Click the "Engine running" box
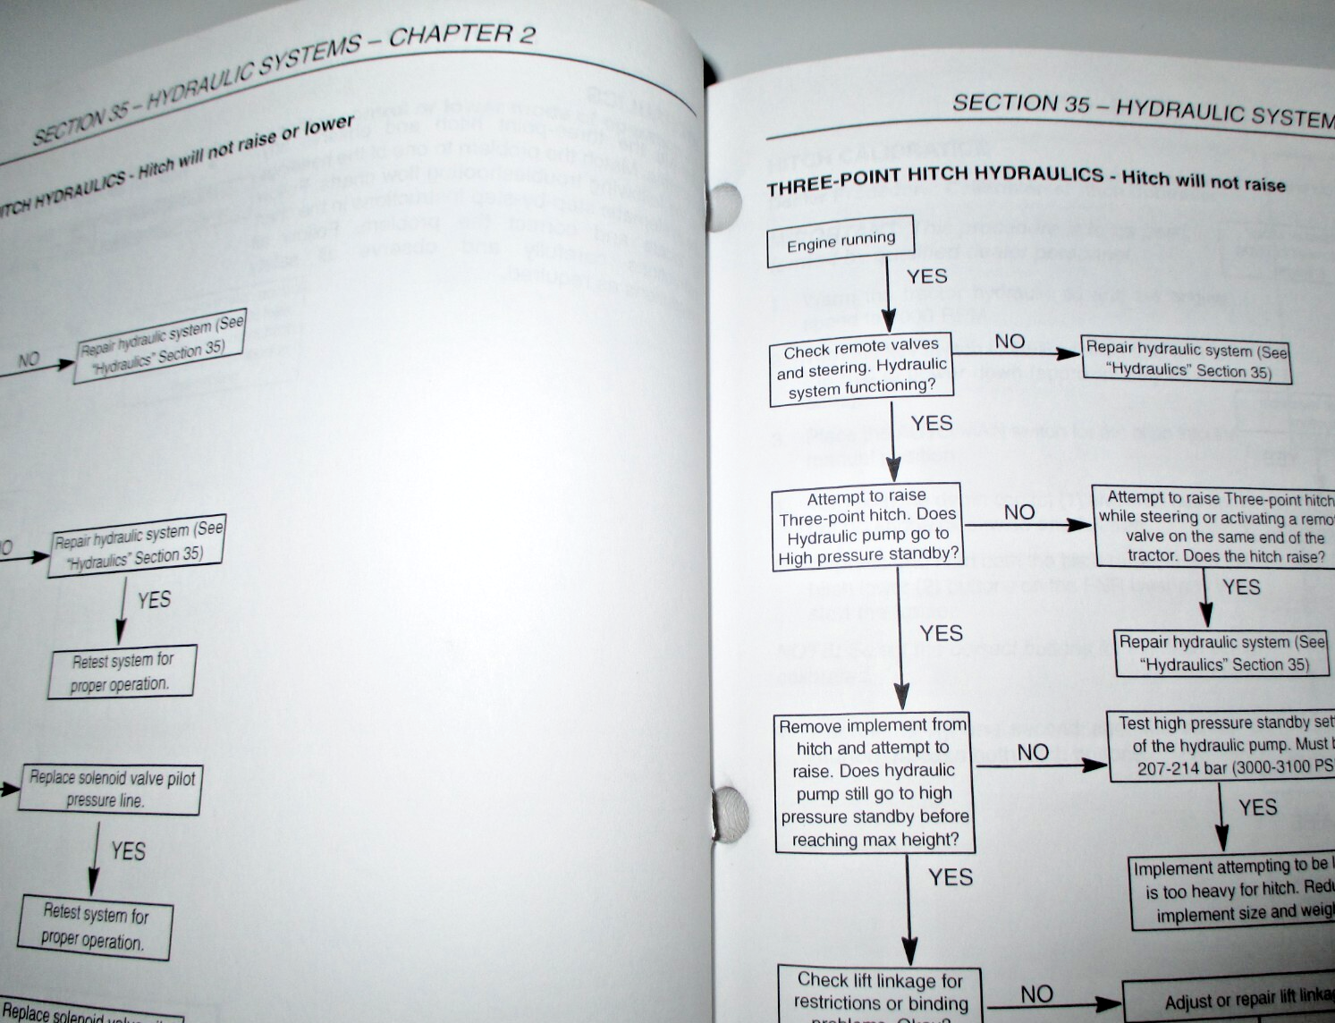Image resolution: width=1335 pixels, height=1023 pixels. coord(841,241)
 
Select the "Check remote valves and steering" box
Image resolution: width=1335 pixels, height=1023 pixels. coord(861,367)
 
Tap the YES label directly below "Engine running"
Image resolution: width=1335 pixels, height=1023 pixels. coord(926,276)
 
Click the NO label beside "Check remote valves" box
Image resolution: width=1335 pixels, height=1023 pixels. coord(1010,341)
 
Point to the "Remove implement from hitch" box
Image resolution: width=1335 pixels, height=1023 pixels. coord(874,782)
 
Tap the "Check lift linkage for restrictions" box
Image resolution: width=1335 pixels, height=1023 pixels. coord(880,995)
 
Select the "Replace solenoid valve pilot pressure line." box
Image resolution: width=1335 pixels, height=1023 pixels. coord(109,789)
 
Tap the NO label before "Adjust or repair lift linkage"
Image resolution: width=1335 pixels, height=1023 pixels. coord(1036,993)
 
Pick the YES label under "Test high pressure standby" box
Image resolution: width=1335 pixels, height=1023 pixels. coord(1257,807)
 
